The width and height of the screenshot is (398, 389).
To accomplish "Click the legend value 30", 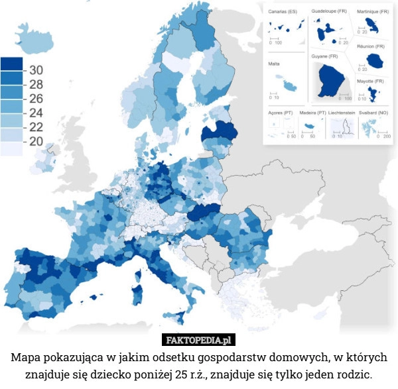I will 36,70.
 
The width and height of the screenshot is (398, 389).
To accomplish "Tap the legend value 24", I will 36,112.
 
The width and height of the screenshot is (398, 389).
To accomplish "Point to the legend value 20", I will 36,141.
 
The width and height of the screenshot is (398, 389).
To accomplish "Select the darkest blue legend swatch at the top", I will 12,64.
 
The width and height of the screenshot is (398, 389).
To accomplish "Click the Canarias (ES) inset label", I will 283,12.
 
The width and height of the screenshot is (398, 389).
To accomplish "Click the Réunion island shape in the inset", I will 376,62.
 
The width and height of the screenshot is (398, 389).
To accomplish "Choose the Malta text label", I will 273,64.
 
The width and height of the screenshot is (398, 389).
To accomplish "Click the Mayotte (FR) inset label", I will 370,81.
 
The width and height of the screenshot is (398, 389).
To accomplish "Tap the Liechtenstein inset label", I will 341,113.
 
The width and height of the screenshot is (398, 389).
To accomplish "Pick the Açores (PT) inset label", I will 280,113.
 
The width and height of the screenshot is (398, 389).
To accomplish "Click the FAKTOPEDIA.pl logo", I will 199,340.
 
